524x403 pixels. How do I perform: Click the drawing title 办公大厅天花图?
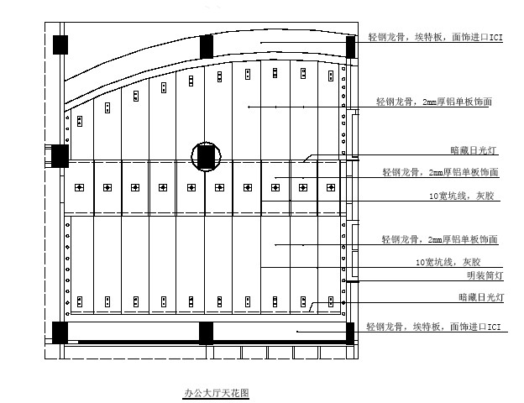click(217, 393)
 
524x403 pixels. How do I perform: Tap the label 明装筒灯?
click(485, 275)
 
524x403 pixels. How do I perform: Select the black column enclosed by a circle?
click(206, 156)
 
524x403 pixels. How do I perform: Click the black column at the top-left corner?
click(60, 44)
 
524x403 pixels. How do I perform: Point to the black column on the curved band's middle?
click(207, 46)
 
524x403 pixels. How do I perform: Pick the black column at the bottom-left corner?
click(60, 332)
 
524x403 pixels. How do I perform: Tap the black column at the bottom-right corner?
click(350, 332)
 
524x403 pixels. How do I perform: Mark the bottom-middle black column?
click(206, 332)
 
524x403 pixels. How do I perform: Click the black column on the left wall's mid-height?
click(60, 156)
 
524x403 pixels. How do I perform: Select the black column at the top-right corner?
click(350, 47)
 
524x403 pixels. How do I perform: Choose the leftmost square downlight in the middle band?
click(79, 187)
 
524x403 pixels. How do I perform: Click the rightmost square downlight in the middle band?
click(331, 187)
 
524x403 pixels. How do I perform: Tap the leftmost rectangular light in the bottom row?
click(80, 301)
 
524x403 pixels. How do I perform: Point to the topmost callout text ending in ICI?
click(436, 37)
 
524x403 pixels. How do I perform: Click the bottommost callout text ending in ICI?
click(434, 327)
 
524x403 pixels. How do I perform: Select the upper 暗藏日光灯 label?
click(474, 150)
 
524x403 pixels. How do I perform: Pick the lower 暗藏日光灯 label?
click(481, 297)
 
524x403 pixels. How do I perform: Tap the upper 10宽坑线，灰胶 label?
click(462, 196)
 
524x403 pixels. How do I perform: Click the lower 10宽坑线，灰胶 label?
click(448, 262)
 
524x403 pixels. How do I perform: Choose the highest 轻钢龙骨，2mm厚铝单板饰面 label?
click(434, 102)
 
